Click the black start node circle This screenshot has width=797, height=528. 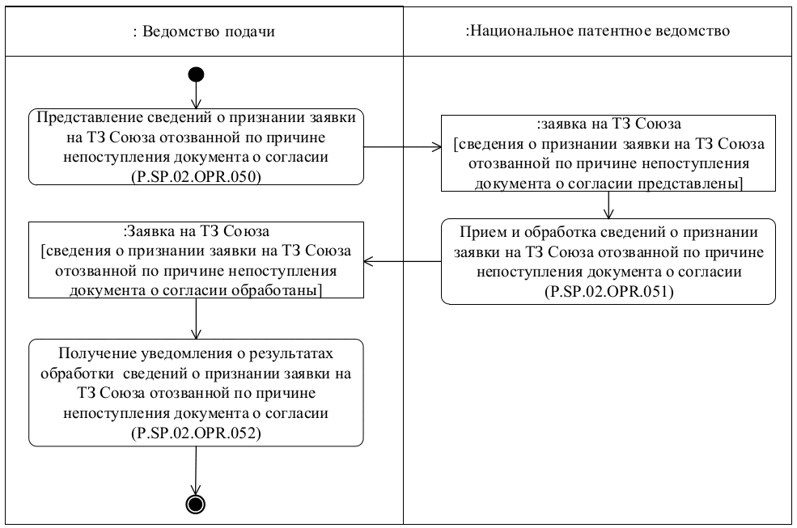click(196, 74)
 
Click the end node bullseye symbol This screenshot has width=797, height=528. click(196, 504)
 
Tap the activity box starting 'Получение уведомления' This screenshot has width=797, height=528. click(196, 391)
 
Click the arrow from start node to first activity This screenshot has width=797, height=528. click(196, 96)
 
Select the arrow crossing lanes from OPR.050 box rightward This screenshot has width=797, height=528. click(402, 148)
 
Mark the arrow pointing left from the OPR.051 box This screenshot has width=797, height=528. click(402, 261)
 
